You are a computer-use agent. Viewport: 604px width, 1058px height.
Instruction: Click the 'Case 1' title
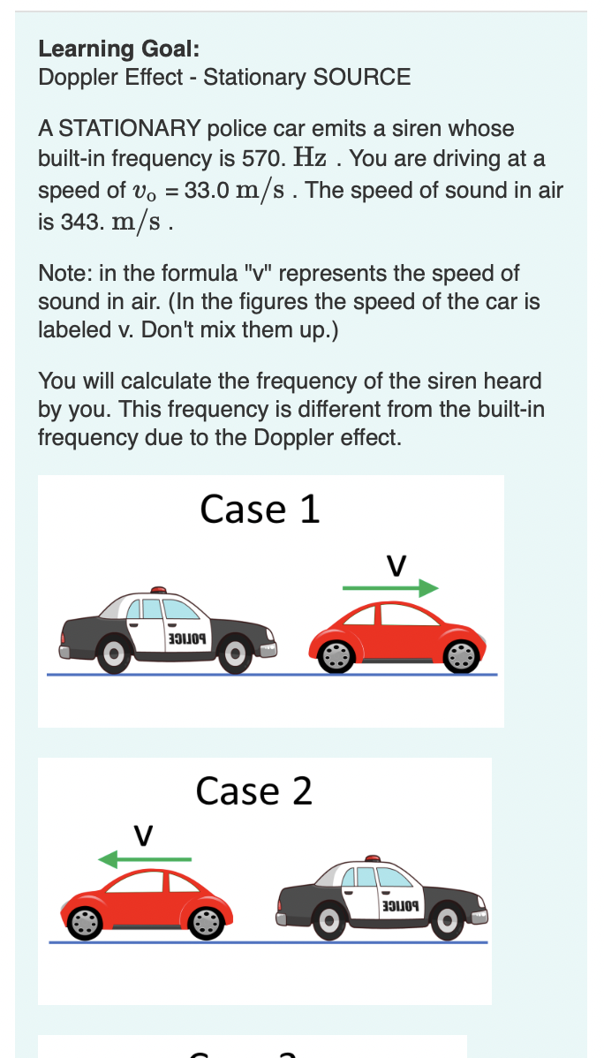pos(260,510)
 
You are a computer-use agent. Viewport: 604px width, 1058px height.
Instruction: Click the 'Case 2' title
pos(254,790)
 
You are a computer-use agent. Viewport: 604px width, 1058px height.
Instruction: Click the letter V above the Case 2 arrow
pos(143,834)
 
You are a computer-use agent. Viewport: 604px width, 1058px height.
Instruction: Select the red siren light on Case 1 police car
pos(159,589)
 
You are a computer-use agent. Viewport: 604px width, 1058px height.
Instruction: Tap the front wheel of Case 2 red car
pos(86,924)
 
